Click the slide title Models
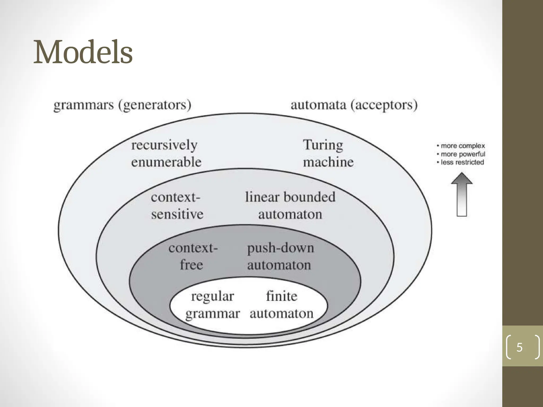[83, 52]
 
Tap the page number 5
[519, 347]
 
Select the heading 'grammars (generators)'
[122, 105]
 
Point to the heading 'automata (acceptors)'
[354, 105]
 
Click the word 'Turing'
[323, 145]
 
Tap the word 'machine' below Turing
[328, 162]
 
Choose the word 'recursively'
[164, 145]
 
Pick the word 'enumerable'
[166, 162]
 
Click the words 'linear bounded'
[290, 197]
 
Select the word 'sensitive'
[177, 214]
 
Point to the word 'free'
[191, 264]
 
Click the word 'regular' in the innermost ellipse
[213, 296]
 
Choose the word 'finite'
[282, 296]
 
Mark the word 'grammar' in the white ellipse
[213, 314]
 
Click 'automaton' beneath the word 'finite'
[282, 314]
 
